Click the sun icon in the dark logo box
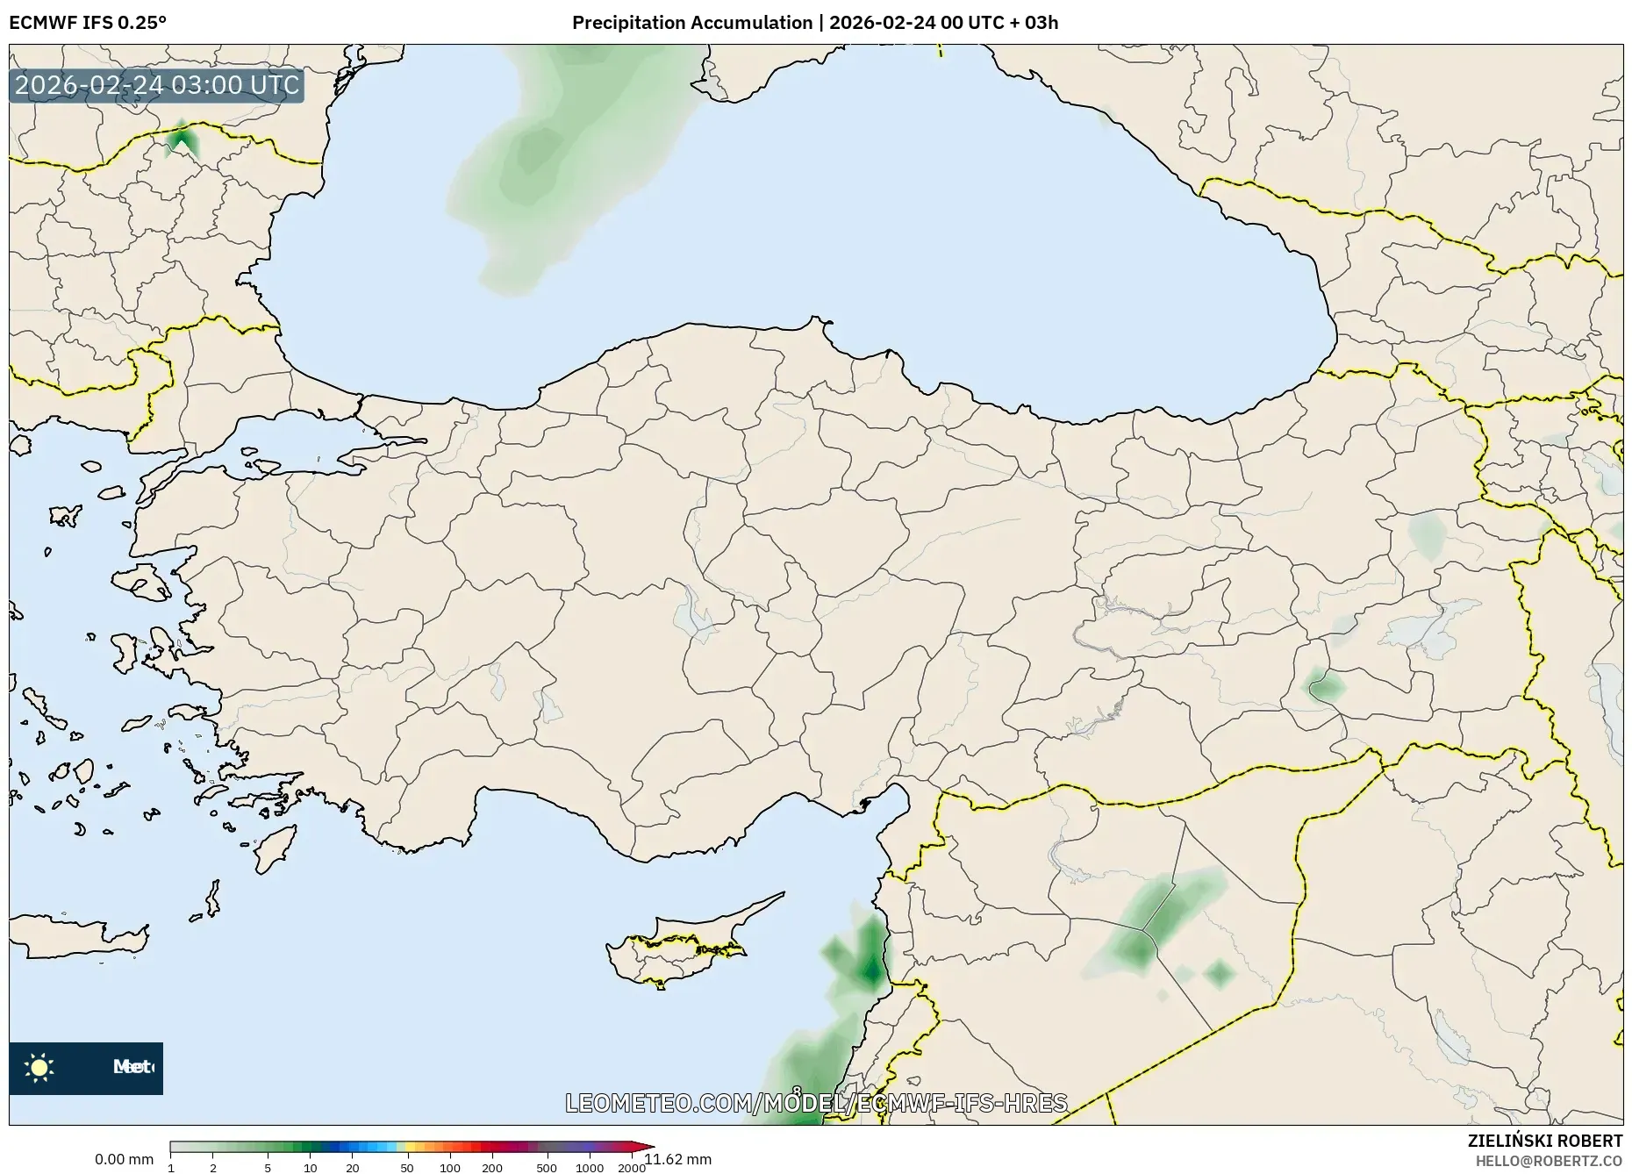(39, 1068)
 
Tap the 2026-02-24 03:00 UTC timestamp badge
(157, 86)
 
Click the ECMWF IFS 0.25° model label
(88, 22)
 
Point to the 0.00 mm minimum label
(124, 1160)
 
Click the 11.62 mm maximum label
(679, 1160)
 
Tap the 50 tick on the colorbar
(406, 1167)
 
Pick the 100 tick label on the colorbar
(449, 1167)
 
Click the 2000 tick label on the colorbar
(632, 1167)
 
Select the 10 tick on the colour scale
(310, 1167)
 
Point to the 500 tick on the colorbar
(547, 1167)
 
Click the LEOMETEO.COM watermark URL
(816, 1103)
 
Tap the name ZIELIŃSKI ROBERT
(1545, 1141)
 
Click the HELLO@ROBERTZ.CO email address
(1549, 1161)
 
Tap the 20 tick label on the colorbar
(353, 1167)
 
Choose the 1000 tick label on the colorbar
(590, 1167)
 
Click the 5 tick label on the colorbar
(268, 1167)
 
